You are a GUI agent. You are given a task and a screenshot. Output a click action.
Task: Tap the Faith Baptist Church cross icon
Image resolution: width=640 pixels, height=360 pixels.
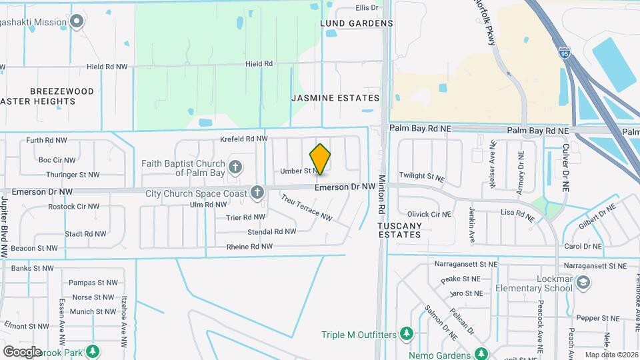tap(235, 166)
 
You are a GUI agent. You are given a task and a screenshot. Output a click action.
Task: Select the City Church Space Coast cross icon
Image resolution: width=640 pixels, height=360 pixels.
tap(257, 193)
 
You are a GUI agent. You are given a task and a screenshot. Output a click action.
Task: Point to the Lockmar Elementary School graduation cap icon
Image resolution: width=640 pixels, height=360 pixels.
tap(583, 283)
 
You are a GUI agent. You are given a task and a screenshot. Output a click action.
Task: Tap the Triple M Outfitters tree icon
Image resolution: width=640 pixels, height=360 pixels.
tap(405, 334)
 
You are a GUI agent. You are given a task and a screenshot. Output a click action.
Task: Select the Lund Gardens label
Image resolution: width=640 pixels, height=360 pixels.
tap(357, 23)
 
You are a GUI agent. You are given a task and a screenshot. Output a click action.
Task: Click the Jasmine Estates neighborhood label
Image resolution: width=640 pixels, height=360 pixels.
tap(335, 98)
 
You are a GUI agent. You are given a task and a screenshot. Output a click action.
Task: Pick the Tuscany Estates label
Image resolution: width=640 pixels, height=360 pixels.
tap(400, 230)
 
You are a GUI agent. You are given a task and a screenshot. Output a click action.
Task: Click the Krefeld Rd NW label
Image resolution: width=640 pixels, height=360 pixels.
tap(244, 139)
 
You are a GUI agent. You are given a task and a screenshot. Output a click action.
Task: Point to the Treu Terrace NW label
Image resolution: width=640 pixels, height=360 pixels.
tap(306, 207)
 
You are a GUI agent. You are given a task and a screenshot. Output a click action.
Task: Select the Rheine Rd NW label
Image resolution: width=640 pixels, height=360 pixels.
tap(249, 247)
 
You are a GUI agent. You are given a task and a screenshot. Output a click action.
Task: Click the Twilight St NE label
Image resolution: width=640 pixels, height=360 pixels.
tap(422, 176)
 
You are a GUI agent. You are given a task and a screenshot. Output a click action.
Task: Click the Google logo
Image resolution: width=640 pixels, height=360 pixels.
tap(22, 351)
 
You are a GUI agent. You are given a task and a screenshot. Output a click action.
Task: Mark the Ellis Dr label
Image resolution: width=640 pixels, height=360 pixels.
tap(367, 8)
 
